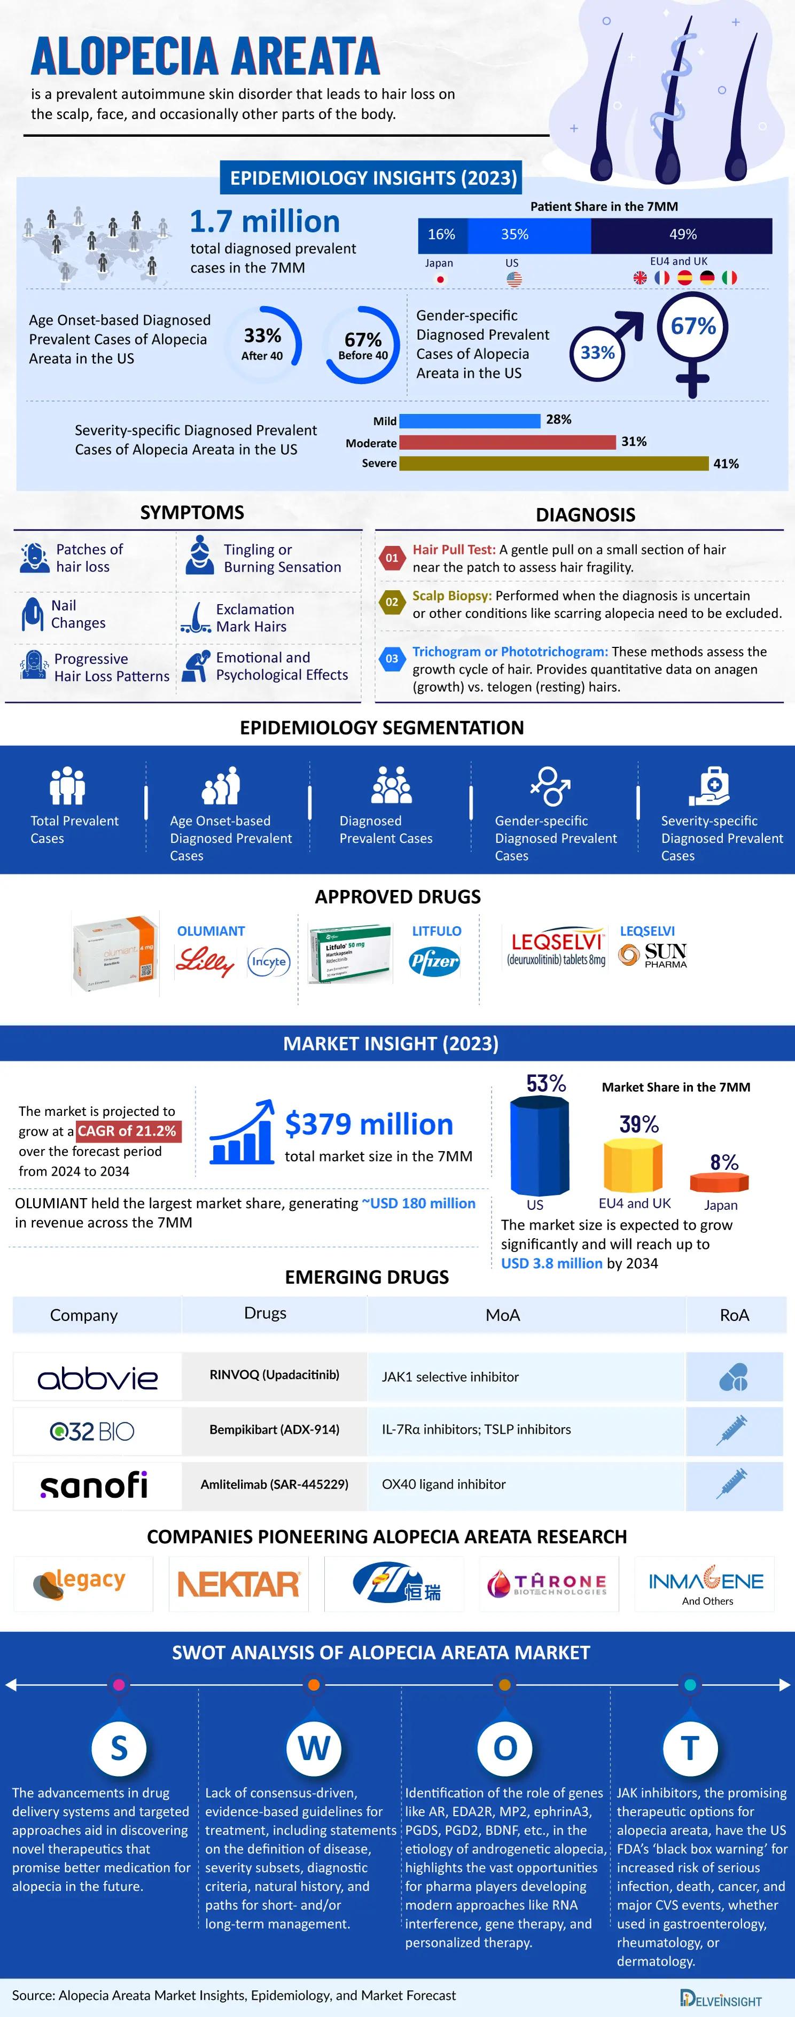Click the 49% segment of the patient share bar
coord(681,235)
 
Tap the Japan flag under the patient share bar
coord(440,279)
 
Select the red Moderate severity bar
coord(508,442)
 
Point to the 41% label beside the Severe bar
coord(726,464)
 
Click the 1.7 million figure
coord(265,222)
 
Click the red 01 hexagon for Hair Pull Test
coord(392,558)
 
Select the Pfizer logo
coord(434,961)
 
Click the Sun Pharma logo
coord(653,955)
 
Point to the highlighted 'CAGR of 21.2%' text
coord(128,1131)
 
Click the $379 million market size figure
coord(369,1124)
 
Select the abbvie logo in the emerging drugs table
coord(97,1377)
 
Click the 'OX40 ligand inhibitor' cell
coord(443,1484)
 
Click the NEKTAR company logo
coord(238,1584)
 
